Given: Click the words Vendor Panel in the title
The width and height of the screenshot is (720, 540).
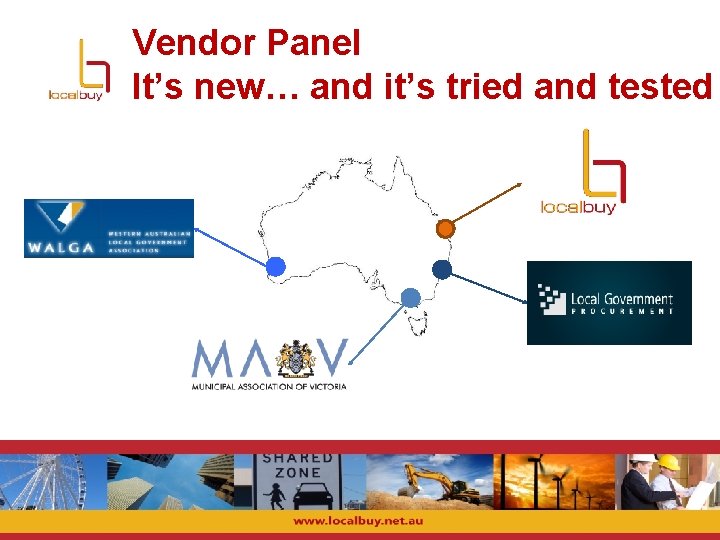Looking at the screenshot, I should click(246, 43).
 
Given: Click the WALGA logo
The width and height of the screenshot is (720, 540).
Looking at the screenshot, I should click(108, 228).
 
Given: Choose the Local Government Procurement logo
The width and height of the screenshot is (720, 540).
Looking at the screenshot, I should click(609, 302).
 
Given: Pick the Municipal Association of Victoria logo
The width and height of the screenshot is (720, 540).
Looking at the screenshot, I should click(269, 364).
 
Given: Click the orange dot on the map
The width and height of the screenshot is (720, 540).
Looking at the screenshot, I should click(446, 229).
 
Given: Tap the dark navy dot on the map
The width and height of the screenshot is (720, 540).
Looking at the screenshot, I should click(441, 268).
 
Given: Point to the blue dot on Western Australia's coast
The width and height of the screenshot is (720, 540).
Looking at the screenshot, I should click(276, 266).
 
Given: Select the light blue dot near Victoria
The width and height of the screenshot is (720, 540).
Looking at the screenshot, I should click(410, 297).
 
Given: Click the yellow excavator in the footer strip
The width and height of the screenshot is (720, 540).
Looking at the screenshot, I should click(440, 482).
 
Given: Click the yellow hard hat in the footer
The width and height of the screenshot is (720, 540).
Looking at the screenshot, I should click(668, 463).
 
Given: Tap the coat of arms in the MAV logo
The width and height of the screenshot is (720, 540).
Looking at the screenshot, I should click(296, 357).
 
